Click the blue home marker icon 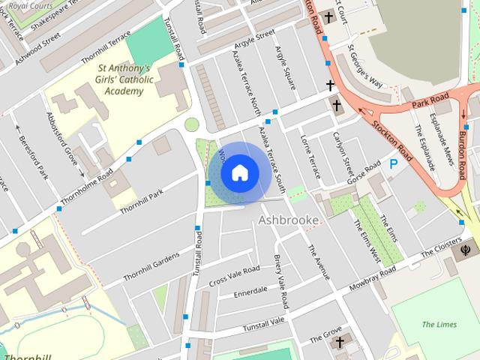point(239,172)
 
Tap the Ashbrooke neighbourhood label point(289,220)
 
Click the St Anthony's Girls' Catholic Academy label point(124,79)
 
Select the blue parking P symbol point(394,163)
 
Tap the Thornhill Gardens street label point(151,266)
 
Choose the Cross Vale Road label point(234,275)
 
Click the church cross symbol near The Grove point(340,343)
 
